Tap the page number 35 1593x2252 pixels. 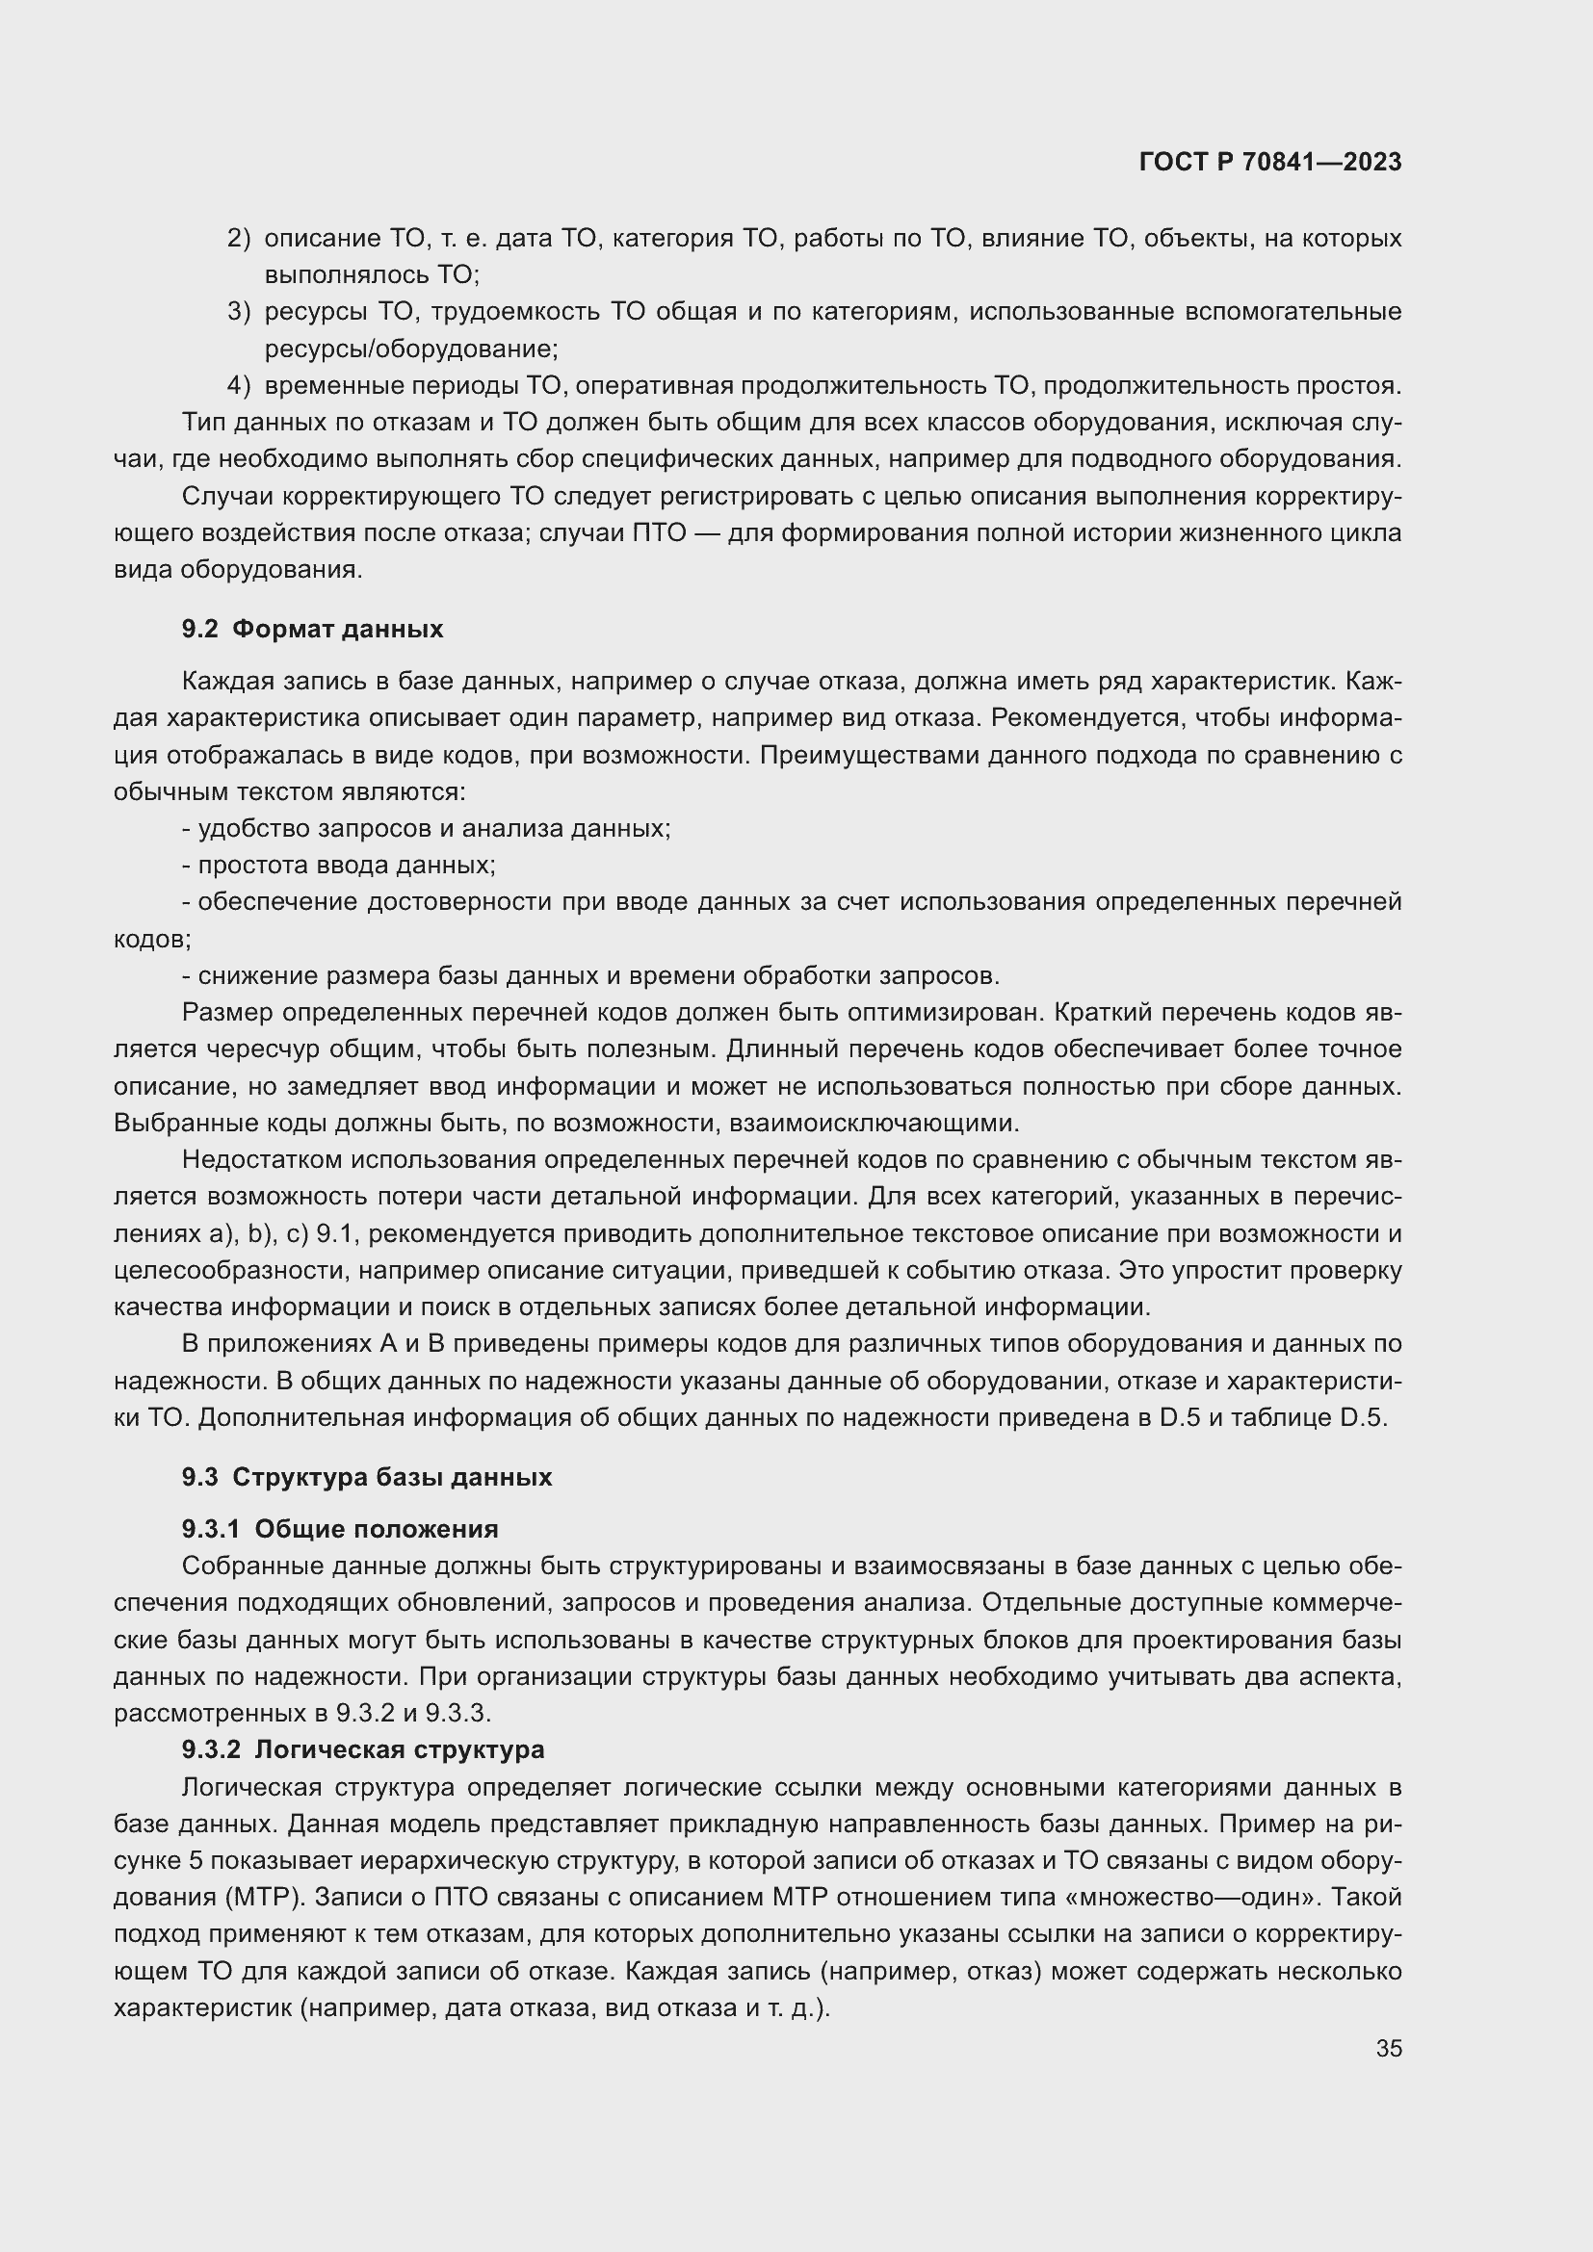(1388, 2048)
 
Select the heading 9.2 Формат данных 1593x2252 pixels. (312, 629)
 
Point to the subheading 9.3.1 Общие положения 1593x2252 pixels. (339, 1528)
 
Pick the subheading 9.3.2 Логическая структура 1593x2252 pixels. (362, 1748)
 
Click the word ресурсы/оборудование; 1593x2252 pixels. (411, 349)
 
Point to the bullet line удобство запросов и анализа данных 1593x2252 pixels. (427, 828)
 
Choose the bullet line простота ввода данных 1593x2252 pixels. (339, 866)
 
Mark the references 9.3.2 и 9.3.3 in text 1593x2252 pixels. (412, 1713)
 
